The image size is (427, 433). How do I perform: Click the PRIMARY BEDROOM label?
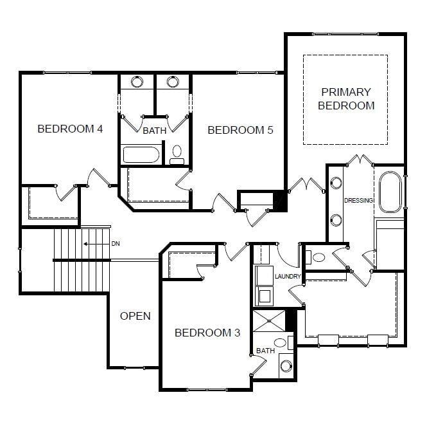[x=346, y=99]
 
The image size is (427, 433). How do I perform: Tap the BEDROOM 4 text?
[x=70, y=129]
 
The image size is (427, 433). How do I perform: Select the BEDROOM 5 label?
[x=240, y=130]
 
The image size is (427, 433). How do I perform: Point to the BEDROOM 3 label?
[x=207, y=333]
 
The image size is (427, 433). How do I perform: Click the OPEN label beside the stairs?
[x=135, y=316]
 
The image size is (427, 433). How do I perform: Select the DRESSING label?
[x=358, y=201]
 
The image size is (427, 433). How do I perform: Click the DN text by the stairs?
[x=116, y=244]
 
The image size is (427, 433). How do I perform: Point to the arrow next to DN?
[x=94, y=244]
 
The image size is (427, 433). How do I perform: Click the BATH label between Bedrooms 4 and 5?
[x=154, y=131]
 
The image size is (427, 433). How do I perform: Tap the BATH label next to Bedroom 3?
[x=265, y=351]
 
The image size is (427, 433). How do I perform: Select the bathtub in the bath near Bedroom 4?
[x=141, y=155]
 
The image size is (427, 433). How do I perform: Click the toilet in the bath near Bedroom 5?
[x=177, y=154]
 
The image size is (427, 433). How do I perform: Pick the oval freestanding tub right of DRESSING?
[x=390, y=192]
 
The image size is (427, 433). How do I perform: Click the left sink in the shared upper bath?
[x=137, y=82]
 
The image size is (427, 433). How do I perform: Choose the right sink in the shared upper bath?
[x=173, y=82]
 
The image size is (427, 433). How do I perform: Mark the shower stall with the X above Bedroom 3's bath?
[x=268, y=320]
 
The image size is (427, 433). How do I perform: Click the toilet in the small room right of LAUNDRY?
[x=317, y=257]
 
